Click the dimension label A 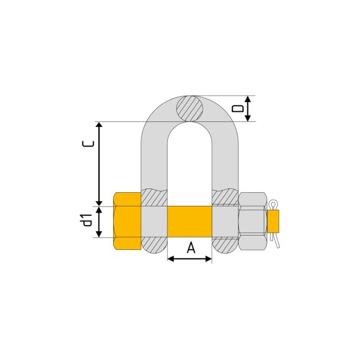pyautogui.click(x=191, y=248)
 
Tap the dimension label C pyautogui.click(x=88, y=144)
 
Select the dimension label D pyautogui.click(x=238, y=108)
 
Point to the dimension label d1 pyautogui.click(x=88, y=220)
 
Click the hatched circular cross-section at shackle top pyautogui.click(x=190, y=109)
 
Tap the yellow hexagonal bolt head pyautogui.click(x=127, y=221)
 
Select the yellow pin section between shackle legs pyautogui.click(x=190, y=221)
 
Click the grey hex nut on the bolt pyautogui.click(x=253, y=221)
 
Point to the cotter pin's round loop pyautogui.click(x=274, y=204)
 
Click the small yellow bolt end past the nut pyautogui.click(x=273, y=221)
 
